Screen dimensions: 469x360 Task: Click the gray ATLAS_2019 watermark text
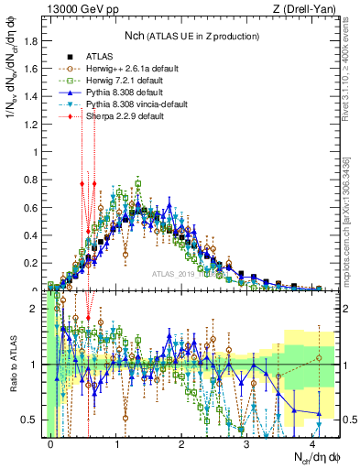pyautogui.click(x=179, y=274)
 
